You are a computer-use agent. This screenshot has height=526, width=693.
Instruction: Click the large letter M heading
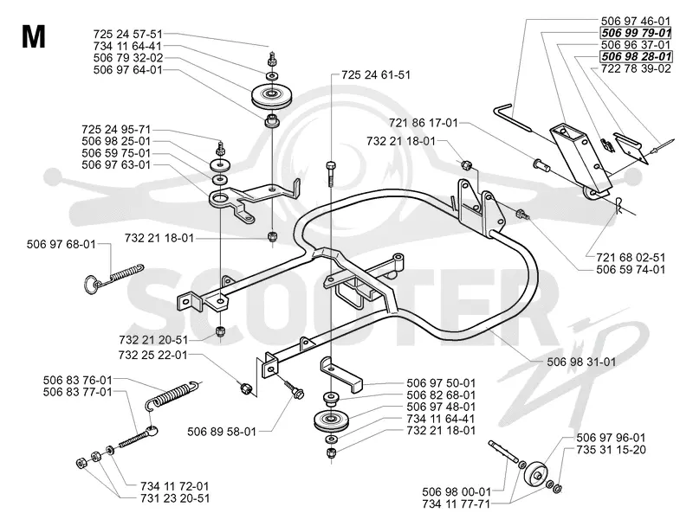(x=33, y=36)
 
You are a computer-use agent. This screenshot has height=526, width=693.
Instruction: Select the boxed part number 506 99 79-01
(x=636, y=33)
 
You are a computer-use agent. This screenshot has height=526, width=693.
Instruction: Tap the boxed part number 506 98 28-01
(x=636, y=56)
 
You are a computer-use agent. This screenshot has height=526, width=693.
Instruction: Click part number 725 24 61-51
(x=376, y=75)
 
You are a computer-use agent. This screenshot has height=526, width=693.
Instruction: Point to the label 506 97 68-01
(x=61, y=244)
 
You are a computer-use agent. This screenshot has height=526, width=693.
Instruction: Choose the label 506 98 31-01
(x=581, y=362)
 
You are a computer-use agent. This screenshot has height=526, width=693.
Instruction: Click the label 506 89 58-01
(x=222, y=432)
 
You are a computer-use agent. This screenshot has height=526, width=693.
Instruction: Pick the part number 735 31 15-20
(x=611, y=450)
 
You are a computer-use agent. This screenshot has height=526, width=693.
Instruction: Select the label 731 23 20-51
(x=175, y=498)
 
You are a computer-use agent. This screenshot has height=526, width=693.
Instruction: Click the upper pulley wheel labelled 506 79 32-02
(x=270, y=97)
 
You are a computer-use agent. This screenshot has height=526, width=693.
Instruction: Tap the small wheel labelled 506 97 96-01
(x=535, y=474)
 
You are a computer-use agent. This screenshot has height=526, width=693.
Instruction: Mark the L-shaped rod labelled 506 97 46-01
(x=512, y=116)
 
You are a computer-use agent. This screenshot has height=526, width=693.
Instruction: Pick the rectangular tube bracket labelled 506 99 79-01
(x=580, y=159)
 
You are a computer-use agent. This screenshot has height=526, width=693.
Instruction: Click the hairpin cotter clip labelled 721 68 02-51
(x=619, y=204)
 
